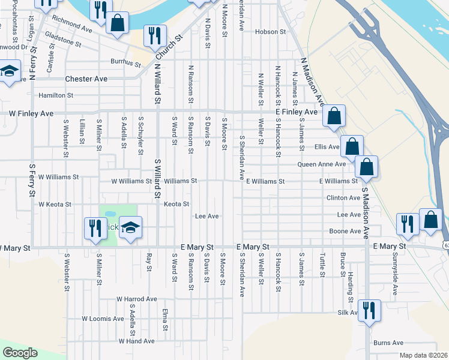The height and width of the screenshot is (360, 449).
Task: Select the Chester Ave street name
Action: [x=86, y=79]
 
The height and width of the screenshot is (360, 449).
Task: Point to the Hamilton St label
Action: [x=56, y=95]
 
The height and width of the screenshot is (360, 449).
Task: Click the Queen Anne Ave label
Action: [x=322, y=164]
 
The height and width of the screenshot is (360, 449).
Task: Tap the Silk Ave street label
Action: [x=348, y=313]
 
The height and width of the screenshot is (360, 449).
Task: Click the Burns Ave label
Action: [x=388, y=343]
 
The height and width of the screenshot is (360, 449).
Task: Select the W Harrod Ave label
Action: [x=136, y=299]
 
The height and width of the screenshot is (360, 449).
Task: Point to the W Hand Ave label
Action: [x=136, y=341]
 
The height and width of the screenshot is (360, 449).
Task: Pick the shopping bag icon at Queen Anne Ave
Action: [x=366, y=166]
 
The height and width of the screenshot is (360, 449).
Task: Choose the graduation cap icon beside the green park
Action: [x=130, y=228]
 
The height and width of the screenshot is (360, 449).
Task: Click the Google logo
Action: [x=19, y=353]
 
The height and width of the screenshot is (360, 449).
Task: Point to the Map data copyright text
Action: [x=423, y=355]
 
